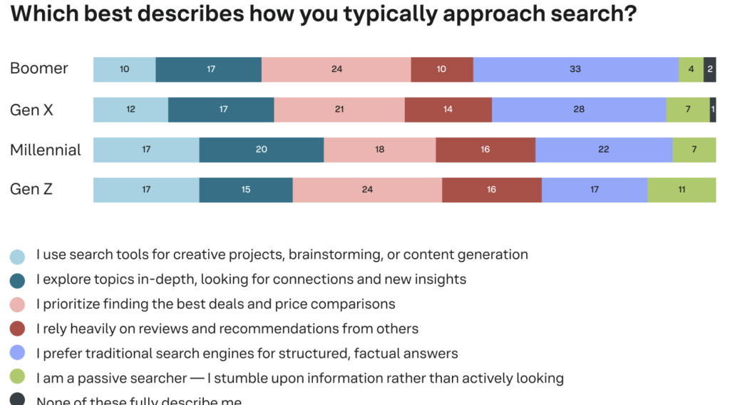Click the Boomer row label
39,68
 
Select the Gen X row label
31,110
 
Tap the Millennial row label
46,150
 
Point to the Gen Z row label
31,190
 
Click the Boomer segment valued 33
575,69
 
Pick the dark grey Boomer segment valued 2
710,69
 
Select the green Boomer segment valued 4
691,69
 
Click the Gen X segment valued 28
579,110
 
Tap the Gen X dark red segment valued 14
448,110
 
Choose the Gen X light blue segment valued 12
130,110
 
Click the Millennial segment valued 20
261,150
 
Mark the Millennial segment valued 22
604,150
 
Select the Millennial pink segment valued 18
379,150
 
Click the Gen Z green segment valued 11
682,190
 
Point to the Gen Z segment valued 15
246,190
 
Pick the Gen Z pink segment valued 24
367,190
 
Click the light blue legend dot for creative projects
17,256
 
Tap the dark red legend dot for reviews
17,329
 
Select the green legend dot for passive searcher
17,379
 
